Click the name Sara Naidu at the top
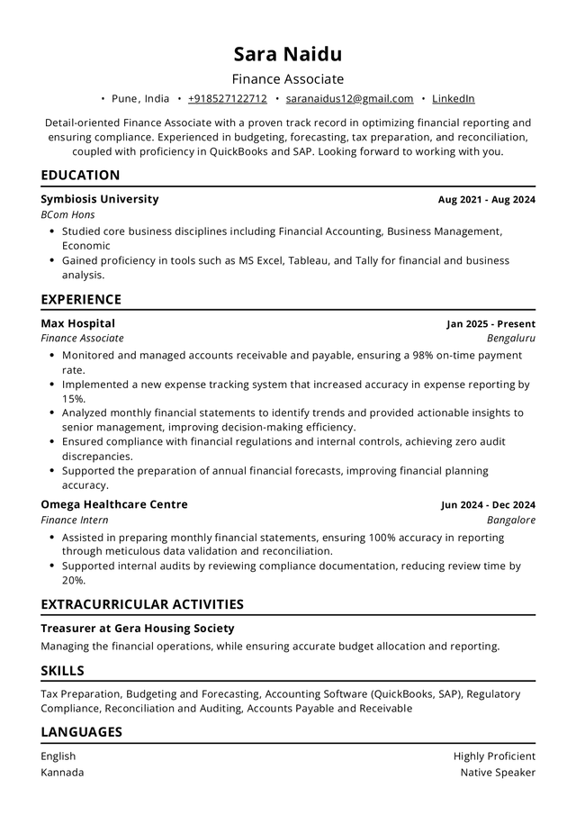(288, 53)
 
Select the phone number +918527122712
(227, 99)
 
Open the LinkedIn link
(454, 99)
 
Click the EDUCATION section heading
(80, 176)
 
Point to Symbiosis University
(100, 199)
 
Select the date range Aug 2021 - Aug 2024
(486, 200)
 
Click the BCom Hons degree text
(67, 215)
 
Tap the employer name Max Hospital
(77, 323)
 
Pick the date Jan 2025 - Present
(490, 324)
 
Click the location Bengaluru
(510, 339)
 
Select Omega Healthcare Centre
(114, 504)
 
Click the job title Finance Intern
(74, 520)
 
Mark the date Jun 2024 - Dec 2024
(488, 505)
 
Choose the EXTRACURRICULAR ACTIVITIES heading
(142, 604)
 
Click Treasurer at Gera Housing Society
(137, 628)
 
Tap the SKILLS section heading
(62, 671)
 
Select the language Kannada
(62, 772)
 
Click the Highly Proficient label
(494, 756)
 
